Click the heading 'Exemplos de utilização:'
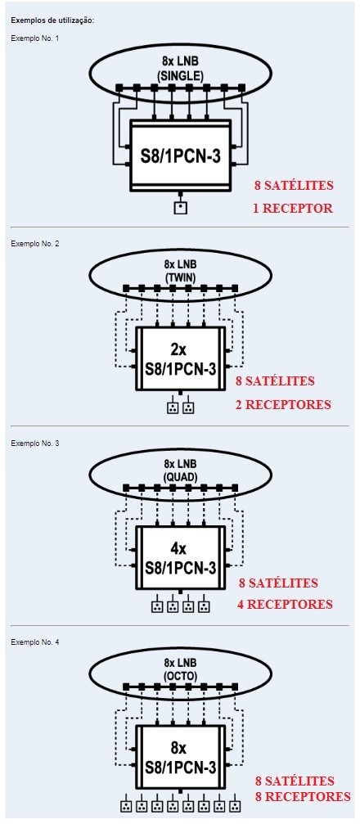point(52,21)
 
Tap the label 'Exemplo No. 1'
point(32,38)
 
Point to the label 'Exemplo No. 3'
point(32,443)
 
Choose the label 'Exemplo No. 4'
point(32,642)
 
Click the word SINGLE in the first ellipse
point(180,75)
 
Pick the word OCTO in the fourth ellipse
point(180,677)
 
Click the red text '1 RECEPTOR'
point(293,208)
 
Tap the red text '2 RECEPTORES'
point(283,405)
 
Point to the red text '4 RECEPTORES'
point(285,605)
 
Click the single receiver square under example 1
point(180,208)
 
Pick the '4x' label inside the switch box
point(179,549)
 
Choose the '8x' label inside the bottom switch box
point(179,749)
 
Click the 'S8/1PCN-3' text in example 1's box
point(180,156)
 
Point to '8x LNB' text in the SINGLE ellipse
point(180,63)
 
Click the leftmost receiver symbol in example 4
point(126,806)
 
